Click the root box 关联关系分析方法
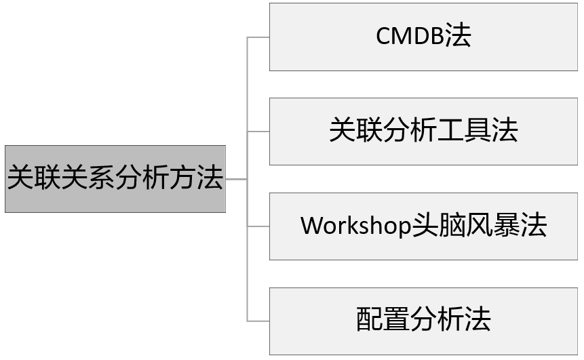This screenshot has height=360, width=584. pyautogui.click(x=115, y=179)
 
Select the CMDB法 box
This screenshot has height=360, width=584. pyautogui.click(x=423, y=37)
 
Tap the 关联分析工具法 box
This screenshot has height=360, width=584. pyautogui.click(x=423, y=132)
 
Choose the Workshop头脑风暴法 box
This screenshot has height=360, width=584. pyautogui.click(x=423, y=226)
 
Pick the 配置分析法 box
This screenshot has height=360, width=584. pyautogui.click(x=423, y=321)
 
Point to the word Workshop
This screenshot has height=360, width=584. pyautogui.click(x=355, y=225)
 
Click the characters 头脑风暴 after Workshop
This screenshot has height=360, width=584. pyautogui.click(x=465, y=225)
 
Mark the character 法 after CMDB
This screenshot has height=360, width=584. pyautogui.click(x=458, y=35)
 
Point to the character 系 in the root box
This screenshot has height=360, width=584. pyautogui.click(x=102, y=178)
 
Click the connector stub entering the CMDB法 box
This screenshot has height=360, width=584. pyautogui.click(x=258, y=37)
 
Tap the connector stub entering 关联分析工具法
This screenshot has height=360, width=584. pyautogui.click(x=258, y=132)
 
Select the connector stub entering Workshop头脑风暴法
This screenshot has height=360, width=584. pyautogui.click(x=258, y=226)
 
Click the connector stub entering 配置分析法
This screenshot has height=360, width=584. pyautogui.click(x=258, y=321)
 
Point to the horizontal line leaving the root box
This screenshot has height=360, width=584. pyautogui.click(x=237, y=179)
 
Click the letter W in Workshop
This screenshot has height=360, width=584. pyautogui.click(x=311, y=225)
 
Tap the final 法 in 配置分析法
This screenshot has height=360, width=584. pyautogui.click(x=478, y=319)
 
